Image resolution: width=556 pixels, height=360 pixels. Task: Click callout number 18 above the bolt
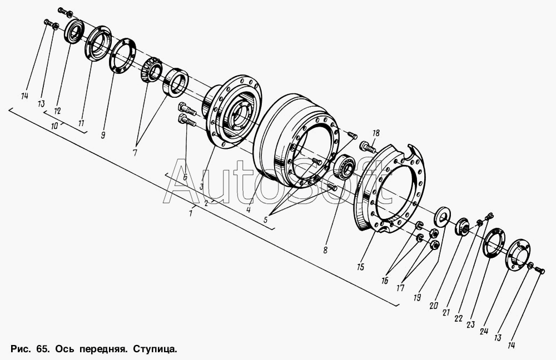pos(375,133)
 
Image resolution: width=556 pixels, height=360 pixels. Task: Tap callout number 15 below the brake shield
pos(361,267)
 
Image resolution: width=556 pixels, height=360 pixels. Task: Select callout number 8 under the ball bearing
pos(325,250)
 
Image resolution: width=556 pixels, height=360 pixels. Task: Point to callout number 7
pos(135,153)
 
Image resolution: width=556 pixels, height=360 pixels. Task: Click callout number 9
pos(103,135)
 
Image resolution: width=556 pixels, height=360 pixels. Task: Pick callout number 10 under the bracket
pos(55,126)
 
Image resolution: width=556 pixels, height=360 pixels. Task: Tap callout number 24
pos(484,331)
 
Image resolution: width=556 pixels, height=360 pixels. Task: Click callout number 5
pos(266,219)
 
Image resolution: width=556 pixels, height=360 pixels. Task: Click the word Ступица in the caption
pos(155,349)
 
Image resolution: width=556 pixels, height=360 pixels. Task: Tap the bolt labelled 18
pos(368,147)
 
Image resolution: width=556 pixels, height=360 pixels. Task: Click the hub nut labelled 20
pos(462,227)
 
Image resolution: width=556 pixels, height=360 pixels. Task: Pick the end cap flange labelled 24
pos(517,254)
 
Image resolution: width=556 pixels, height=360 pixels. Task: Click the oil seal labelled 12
pos(75,32)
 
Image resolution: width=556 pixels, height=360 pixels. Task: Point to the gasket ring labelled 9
pos(122,55)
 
